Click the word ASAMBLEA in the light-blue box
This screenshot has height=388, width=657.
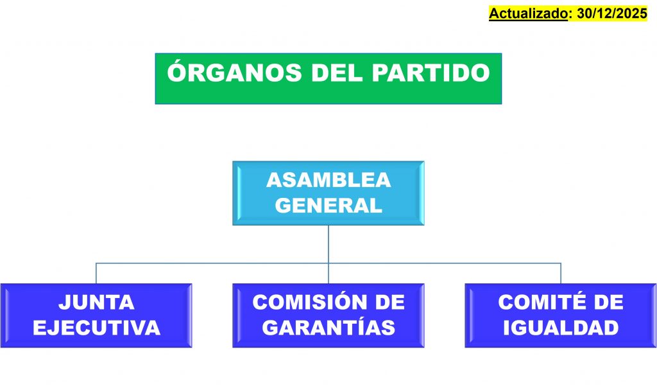click(x=328, y=181)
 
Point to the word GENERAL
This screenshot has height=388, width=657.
click(x=328, y=206)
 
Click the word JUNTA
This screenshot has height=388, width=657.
click(x=96, y=302)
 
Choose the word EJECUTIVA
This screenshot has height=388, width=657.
click(x=96, y=328)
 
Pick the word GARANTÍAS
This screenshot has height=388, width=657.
click(x=328, y=328)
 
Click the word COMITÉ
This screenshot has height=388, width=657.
click(x=534, y=302)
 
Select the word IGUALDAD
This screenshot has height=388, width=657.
click(x=560, y=328)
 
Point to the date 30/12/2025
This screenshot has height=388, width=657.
click(x=611, y=13)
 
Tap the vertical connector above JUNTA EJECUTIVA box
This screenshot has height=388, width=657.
click(x=96, y=273)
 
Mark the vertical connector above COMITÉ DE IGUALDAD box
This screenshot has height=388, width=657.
click(x=561, y=273)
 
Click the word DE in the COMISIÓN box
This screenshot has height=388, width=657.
click(x=389, y=302)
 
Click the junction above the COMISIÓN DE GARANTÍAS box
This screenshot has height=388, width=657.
click(x=328, y=263)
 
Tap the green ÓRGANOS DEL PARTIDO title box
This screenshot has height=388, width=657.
click(x=328, y=93)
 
